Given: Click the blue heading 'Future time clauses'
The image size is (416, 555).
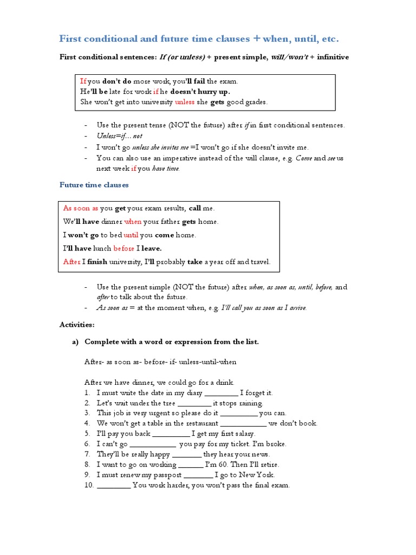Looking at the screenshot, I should point(94,185).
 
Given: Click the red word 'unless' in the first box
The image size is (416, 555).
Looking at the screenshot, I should point(184,102).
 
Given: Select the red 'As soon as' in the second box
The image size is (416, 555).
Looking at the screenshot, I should point(81,208).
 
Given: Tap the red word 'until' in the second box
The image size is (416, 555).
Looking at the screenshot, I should point(131,235).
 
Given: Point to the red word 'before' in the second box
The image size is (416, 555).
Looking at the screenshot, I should point(123,249).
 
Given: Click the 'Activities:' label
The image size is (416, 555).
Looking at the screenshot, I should point(77,325).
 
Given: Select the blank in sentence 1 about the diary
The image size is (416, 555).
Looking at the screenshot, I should point(222,393).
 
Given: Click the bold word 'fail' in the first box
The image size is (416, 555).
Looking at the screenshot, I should point(198,81).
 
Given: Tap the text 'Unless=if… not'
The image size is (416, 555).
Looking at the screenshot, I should point(119,136).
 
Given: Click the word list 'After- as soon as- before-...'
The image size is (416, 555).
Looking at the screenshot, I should point(160,362).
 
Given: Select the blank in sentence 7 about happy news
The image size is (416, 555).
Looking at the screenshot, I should point(187,454).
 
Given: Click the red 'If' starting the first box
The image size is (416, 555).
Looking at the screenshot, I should point(83,81).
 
